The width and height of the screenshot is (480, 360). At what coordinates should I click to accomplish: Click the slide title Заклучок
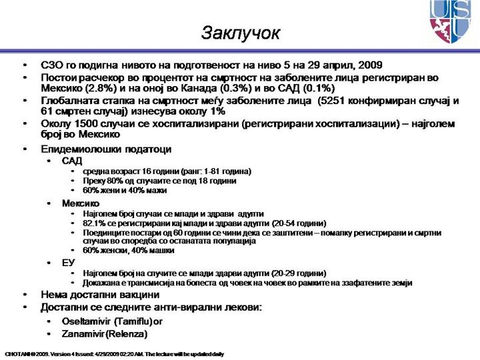[x=241, y=33]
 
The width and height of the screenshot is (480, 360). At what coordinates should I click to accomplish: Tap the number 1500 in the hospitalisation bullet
[x=82, y=123]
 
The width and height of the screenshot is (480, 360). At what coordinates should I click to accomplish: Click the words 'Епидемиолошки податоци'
[x=106, y=149]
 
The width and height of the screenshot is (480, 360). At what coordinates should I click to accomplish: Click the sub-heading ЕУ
[x=68, y=263]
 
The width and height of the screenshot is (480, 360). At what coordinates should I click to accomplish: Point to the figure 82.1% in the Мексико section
[x=94, y=223]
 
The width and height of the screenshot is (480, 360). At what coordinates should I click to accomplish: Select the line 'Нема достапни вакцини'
[x=100, y=295]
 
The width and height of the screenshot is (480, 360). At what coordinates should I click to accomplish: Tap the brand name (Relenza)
[x=131, y=333]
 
